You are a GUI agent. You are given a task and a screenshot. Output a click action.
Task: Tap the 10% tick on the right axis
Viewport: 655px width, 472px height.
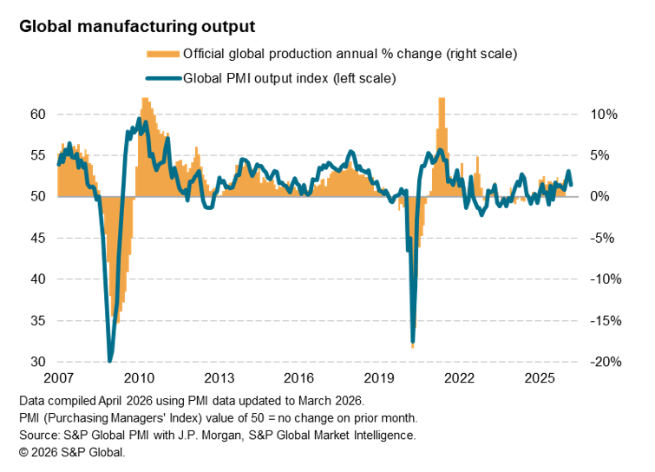[605, 115]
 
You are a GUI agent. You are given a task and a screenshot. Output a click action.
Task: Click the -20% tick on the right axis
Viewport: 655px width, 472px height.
[603, 362]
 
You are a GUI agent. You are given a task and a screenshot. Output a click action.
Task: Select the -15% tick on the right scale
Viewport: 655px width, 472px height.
[603, 321]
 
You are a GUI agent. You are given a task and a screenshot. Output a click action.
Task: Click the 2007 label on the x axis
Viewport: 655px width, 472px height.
[58, 379]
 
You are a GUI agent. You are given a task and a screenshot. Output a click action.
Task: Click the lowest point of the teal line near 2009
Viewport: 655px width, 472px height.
[110, 360]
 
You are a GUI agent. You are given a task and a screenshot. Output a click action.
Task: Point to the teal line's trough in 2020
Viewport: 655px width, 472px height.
[412, 339]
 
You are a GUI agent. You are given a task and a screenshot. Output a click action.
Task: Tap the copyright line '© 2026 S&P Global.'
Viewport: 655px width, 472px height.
[72, 452]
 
